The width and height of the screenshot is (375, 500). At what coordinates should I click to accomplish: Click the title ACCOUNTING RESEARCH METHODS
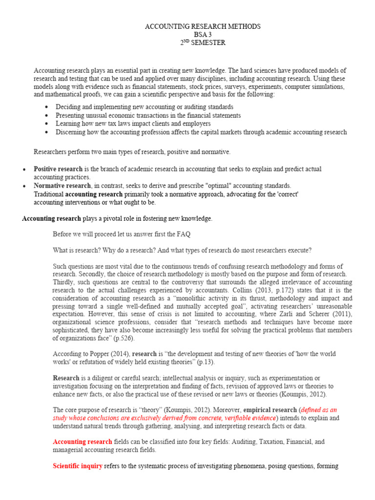point(203,26)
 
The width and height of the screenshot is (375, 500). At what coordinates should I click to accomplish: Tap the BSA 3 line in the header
point(203,35)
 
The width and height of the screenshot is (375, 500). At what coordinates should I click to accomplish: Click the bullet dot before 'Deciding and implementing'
point(46,107)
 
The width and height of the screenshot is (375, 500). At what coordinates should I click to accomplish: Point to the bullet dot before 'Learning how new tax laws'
point(46,124)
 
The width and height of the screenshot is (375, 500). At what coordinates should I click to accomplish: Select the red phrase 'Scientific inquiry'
point(78,466)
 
